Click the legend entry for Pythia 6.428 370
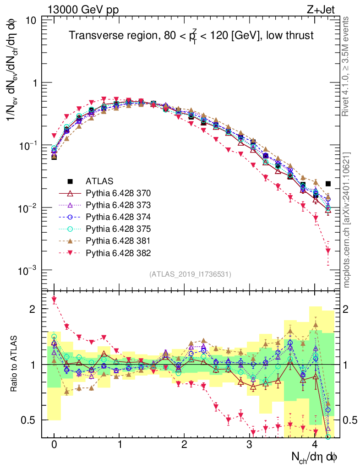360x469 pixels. click(119, 193)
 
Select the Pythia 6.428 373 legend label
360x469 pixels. click(119, 205)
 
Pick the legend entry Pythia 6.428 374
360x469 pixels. click(119, 217)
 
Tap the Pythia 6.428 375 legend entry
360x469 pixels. click(119, 229)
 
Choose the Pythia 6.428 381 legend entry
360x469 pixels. click(119, 240)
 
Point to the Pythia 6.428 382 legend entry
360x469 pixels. click(119, 252)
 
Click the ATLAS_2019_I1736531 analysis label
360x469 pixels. click(190, 274)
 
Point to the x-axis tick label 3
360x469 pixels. click(249, 445)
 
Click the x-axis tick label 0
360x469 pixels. click(54, 445)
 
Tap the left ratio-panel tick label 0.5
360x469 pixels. click(30, 420)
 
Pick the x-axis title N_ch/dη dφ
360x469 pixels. click(316, 457)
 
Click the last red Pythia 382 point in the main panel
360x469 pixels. click(328, 251)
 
